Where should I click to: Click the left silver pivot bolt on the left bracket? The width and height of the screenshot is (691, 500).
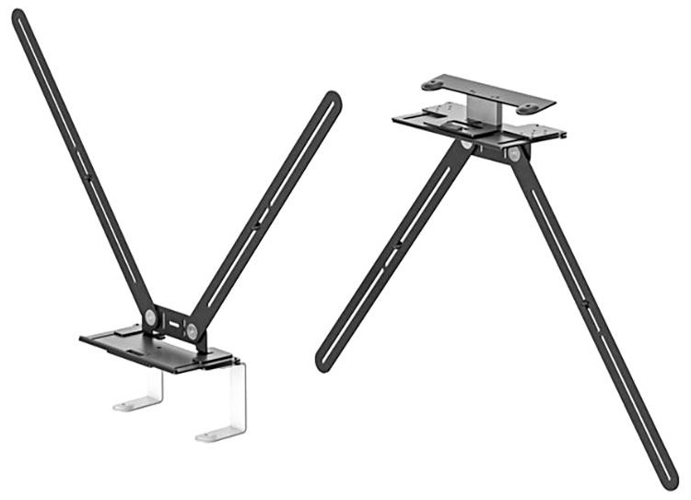[x=150, y=316]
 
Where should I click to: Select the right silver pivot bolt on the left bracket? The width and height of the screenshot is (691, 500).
[x=191, y=329]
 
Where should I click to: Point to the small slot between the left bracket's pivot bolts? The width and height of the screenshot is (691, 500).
[x=170, y=323]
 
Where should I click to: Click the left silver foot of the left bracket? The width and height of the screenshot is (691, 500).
[x=135, y=402]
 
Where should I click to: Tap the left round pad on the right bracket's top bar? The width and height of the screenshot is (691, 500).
[x=432, y=85]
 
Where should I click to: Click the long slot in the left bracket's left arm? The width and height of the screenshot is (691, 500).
[x=78, y=157]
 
